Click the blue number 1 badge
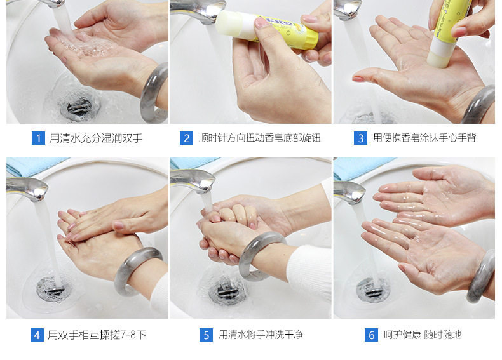(x=38, y=138)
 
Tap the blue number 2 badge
(x=186, y=138)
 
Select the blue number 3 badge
(x=360, y=138)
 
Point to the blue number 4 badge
(x=37, y=335)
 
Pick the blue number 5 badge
(x=206, y=335)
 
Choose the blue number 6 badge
(x=371, y=335)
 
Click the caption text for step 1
(x=96, y=138)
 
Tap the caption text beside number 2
(x=260, y=138)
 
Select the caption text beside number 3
(x=424, y=138)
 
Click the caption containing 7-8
(x=97, y=335)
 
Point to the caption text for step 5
(x=261, y=335)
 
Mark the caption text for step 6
(x=423, y=335)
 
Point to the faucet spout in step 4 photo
(x=28, y=189)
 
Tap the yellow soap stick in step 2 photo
(x=267, y=29)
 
